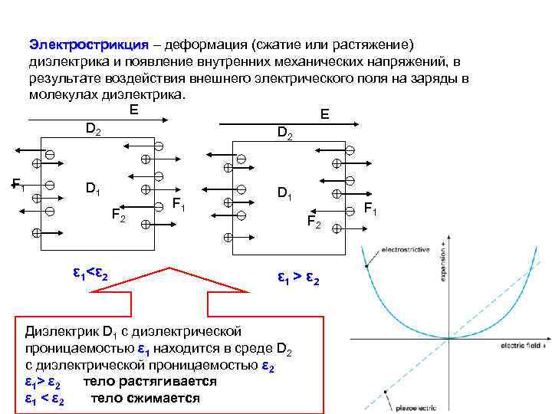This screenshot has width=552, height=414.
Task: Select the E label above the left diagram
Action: (134, 110)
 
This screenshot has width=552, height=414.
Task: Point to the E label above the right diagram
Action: (324, 114)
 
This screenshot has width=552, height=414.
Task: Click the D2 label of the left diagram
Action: (93, 130)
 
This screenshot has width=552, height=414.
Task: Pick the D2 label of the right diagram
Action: (284, 134)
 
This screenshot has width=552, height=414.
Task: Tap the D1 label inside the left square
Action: (94, 188)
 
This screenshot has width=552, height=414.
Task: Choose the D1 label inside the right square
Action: (285, 194)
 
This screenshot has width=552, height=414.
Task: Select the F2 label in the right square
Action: (314, 222)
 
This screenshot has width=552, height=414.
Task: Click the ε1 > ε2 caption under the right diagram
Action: (297, 278)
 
